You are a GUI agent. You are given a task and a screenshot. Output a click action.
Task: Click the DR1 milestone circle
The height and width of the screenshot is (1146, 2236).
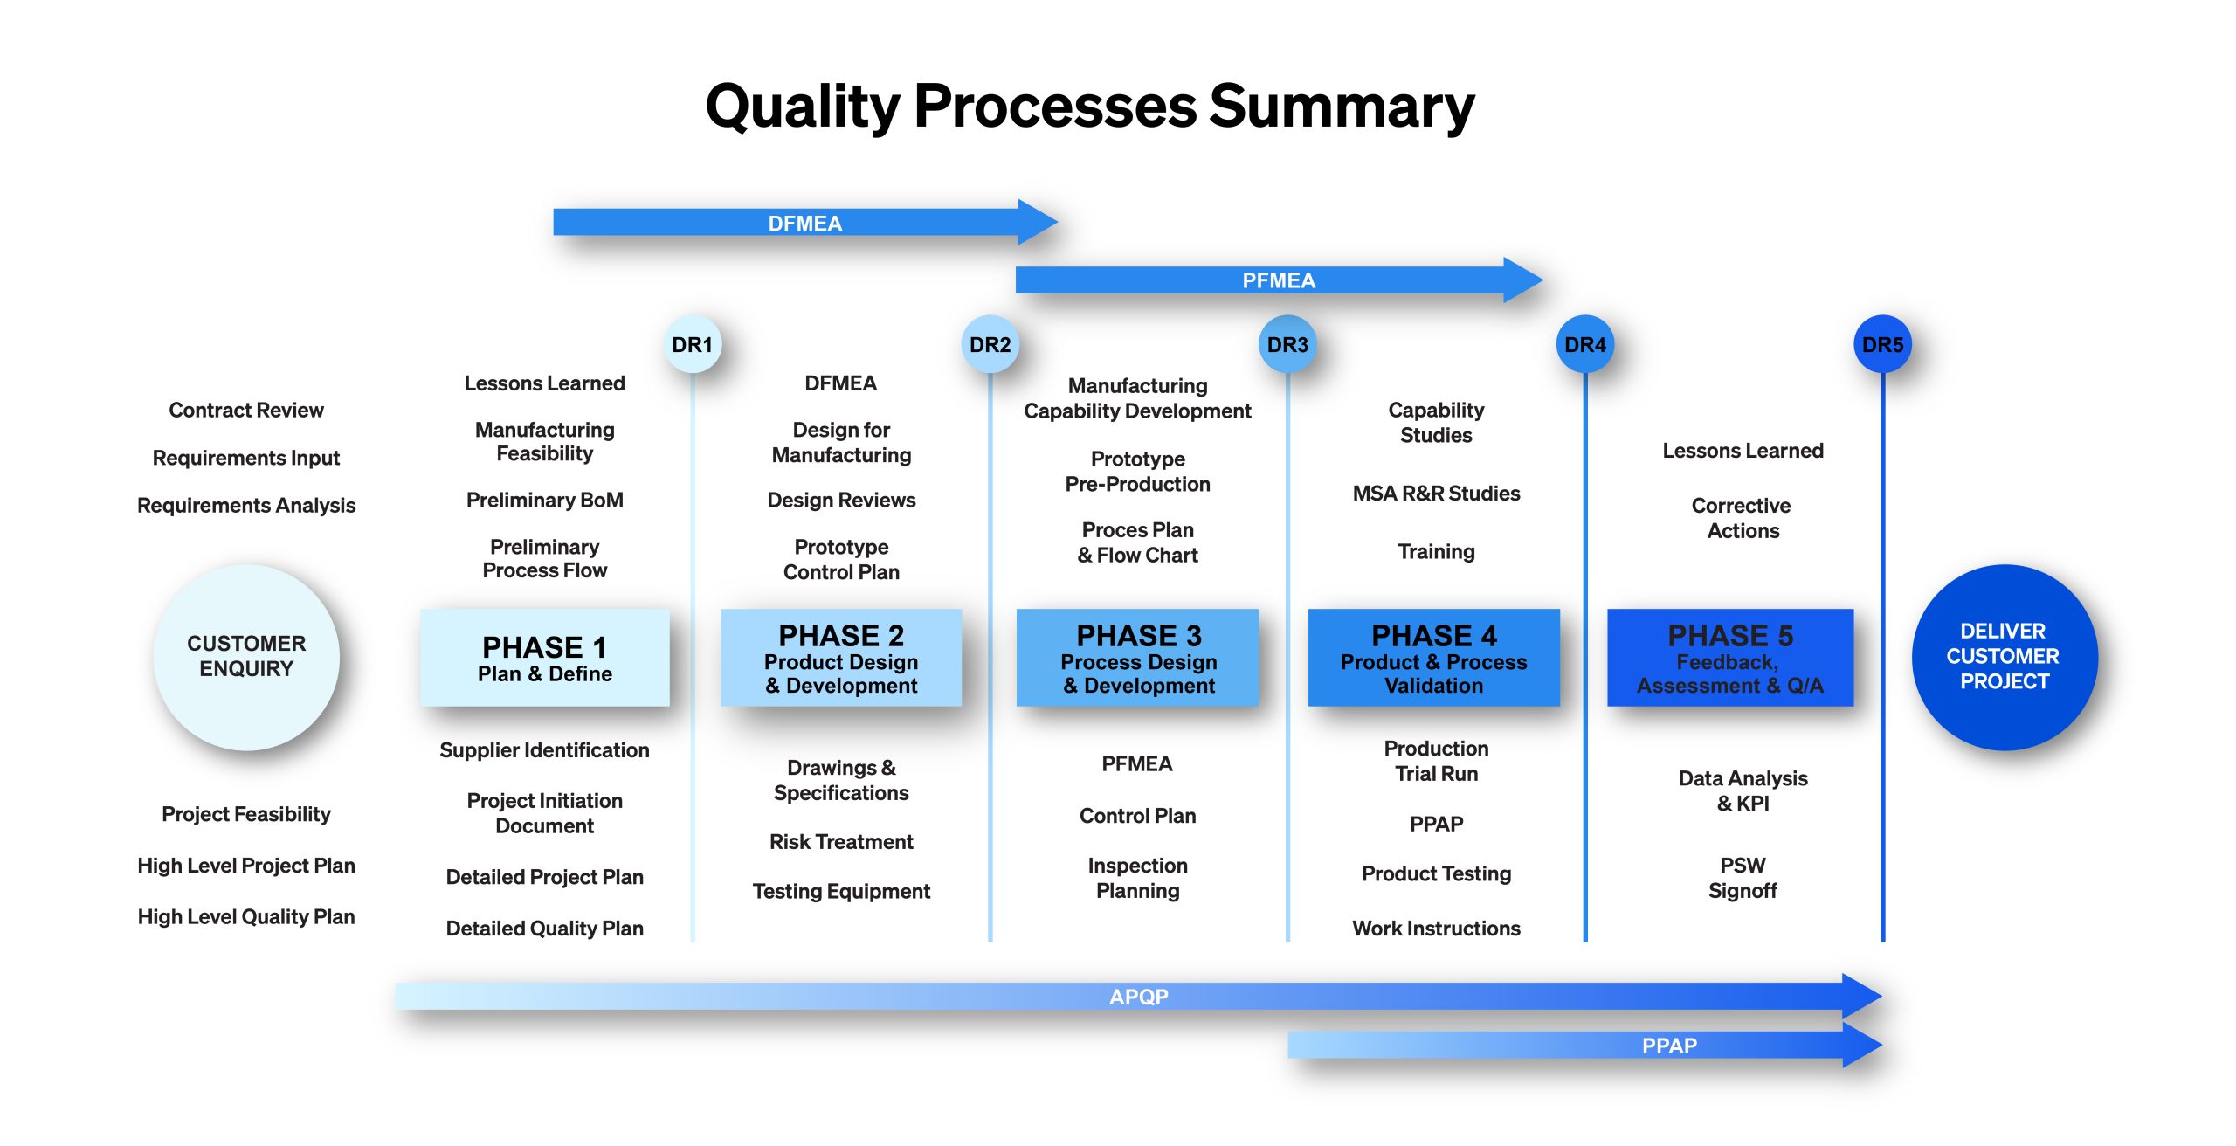[692, 344]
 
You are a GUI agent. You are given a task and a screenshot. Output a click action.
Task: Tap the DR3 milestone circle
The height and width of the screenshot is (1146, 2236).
[1287, 344]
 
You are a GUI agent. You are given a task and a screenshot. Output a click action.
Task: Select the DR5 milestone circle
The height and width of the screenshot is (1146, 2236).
[1882, 344]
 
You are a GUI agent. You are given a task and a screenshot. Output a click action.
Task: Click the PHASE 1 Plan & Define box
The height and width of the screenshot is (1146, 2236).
[545, 658]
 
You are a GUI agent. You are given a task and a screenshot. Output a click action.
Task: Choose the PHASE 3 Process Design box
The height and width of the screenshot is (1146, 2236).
[1138, 658]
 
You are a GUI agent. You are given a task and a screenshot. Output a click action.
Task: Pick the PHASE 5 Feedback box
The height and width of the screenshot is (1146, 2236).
[1730, 658]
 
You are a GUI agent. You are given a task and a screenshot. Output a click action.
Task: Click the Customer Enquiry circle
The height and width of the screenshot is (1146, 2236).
[246, 657]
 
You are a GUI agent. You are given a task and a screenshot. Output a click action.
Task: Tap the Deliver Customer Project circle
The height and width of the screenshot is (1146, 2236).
[2005, 657]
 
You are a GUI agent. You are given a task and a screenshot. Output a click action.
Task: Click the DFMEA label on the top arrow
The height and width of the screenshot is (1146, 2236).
[804, 224]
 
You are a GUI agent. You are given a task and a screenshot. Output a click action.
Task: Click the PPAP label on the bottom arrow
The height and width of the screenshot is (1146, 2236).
[1669, 1046]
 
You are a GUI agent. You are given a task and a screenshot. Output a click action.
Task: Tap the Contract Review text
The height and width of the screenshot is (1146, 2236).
[246, 410]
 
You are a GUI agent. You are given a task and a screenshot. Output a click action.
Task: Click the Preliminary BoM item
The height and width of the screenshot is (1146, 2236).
[545, 500]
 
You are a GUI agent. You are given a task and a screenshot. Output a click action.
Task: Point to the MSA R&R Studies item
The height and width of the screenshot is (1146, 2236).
[1436, 494]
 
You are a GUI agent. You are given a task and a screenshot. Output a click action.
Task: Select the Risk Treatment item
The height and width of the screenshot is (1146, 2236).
[841, 841]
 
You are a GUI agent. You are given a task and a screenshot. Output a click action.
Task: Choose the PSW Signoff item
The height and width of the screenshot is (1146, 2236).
[1743, 878]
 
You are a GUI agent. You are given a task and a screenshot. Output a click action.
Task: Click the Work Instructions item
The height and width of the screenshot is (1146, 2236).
[1436, 928]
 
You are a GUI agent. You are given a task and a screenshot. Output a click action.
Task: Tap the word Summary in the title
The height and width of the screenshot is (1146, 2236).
[1342, 107]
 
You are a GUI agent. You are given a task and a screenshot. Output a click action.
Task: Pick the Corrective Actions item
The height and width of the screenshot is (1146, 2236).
[1743, 518]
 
